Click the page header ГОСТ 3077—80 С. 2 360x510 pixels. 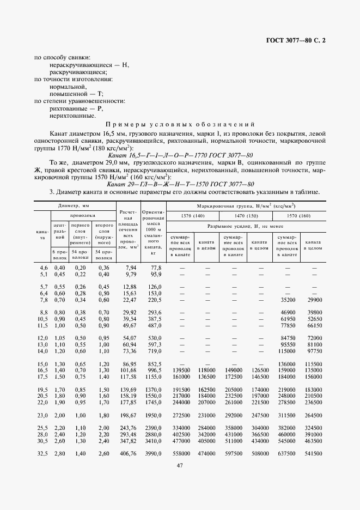coord(299,41)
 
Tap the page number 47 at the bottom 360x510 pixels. coord(179,464)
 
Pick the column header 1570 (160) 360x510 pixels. coord(300,216)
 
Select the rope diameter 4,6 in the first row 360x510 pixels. coord(44,268)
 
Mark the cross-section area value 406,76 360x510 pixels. coord(127,453)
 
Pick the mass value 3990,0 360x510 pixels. coord(154,453)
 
